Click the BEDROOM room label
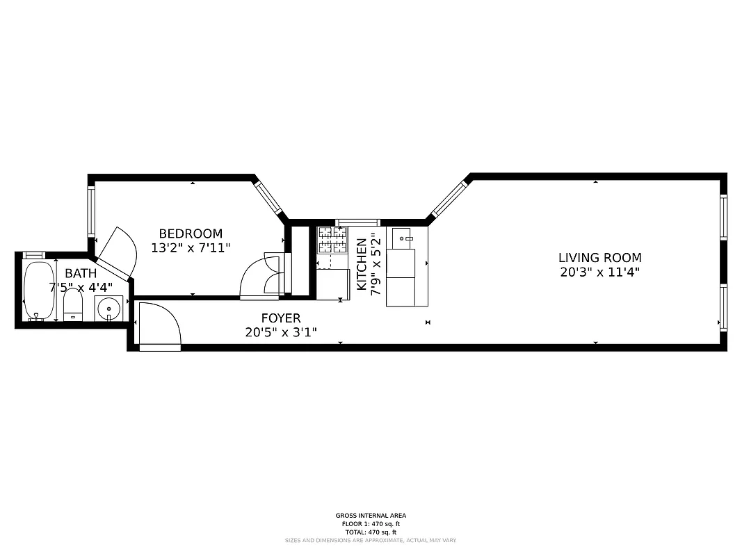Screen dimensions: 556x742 191,234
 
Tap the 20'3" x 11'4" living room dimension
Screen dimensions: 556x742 599,272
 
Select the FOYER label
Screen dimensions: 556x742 281,318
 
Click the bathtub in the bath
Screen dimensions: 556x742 38,291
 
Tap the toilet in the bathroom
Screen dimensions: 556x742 73,306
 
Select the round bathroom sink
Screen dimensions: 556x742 109,308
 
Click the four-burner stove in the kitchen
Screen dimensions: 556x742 332,240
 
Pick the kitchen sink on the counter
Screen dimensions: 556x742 402,238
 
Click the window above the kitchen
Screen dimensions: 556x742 357,222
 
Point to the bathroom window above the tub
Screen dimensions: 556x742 33,255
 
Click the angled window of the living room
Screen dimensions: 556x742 449,199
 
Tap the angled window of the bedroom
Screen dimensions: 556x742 268,198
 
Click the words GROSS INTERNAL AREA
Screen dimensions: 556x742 371,516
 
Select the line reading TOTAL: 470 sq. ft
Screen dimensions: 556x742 371,532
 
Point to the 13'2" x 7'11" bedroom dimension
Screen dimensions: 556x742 191,247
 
